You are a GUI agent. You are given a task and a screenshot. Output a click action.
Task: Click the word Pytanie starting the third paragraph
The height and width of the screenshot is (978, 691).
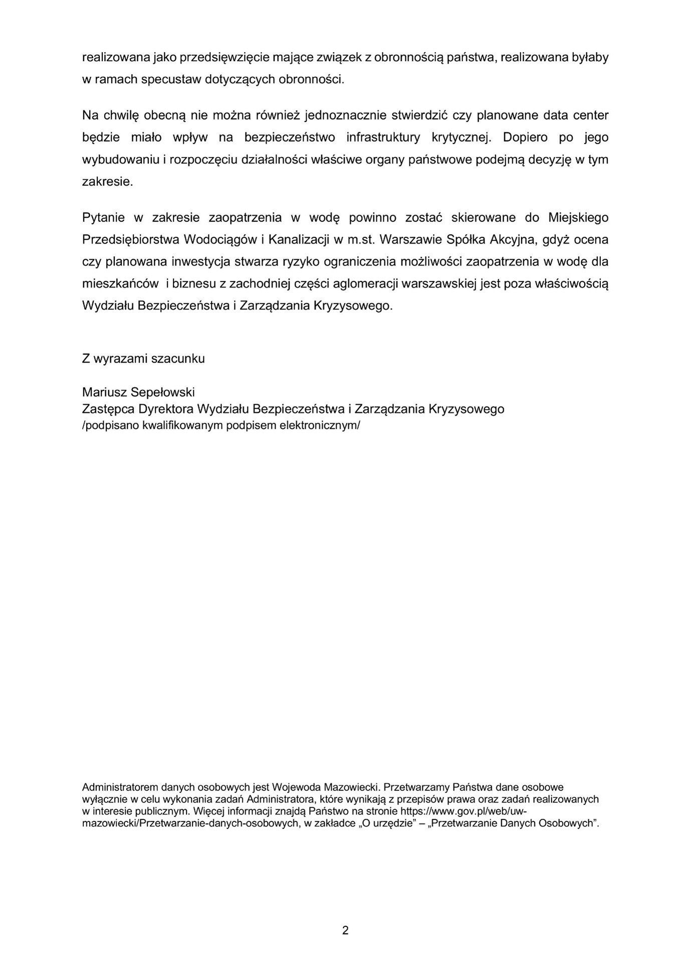[x=102, y=218]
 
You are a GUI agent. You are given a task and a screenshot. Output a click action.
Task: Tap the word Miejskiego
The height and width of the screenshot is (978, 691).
[x=578, y=218]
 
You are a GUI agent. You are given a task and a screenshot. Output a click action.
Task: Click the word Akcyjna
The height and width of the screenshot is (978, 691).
[x=514, y=239]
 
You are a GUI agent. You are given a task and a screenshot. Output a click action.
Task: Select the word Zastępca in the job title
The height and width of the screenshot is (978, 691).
[x=108, y=409]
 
